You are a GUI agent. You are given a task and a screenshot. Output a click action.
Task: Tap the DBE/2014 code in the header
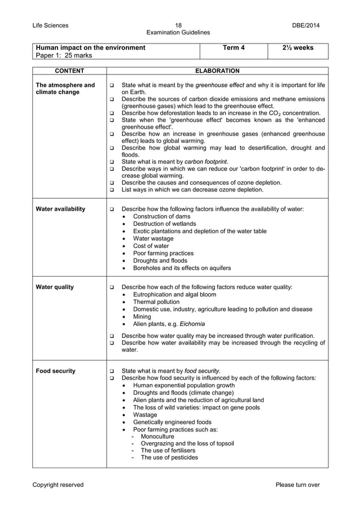[x=305, y=25]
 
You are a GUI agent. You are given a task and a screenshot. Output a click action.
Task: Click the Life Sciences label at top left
[x=50, y=25]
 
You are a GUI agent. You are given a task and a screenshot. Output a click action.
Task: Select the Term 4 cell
[x=234, y=47]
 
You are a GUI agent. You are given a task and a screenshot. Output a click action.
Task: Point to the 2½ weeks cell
[x=297, y=47]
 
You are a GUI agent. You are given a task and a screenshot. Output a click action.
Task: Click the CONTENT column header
[x=69, y=71]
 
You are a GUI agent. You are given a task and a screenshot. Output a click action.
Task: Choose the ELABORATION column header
[x=217, y=71]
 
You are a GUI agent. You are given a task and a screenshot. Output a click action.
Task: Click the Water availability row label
[x=60, y=209]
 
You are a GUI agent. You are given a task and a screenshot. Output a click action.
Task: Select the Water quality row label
[x=54, y=287]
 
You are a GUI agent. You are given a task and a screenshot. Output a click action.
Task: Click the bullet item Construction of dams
[x=161, y=216]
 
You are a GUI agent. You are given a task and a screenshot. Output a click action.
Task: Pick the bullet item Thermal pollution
[x=156, y=302]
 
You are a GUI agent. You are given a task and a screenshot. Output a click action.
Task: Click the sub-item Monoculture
[x=157, y=436]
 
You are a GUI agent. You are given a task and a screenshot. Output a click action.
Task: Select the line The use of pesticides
[x=169, y=457]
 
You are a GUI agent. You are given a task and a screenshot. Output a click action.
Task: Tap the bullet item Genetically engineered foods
[x=172, y=421]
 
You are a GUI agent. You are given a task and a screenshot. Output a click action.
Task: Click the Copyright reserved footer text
[x=58, y=485]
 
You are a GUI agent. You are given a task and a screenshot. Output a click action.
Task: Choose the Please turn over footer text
[x=297, y=485]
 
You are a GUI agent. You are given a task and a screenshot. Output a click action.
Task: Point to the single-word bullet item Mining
[x=142, y=316]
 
